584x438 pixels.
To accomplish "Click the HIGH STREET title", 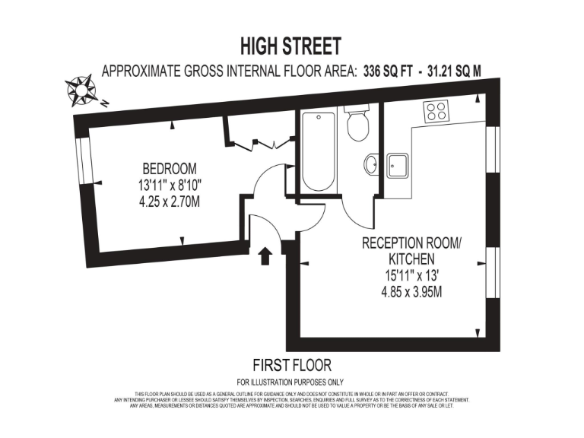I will (291, 46).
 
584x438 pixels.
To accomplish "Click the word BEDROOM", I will (170, 168).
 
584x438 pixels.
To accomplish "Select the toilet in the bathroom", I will (357, 124).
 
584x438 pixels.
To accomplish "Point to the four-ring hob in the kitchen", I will (436, 111).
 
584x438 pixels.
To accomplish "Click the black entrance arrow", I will (265, 255).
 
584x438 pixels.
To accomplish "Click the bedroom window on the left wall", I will (84, 159).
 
